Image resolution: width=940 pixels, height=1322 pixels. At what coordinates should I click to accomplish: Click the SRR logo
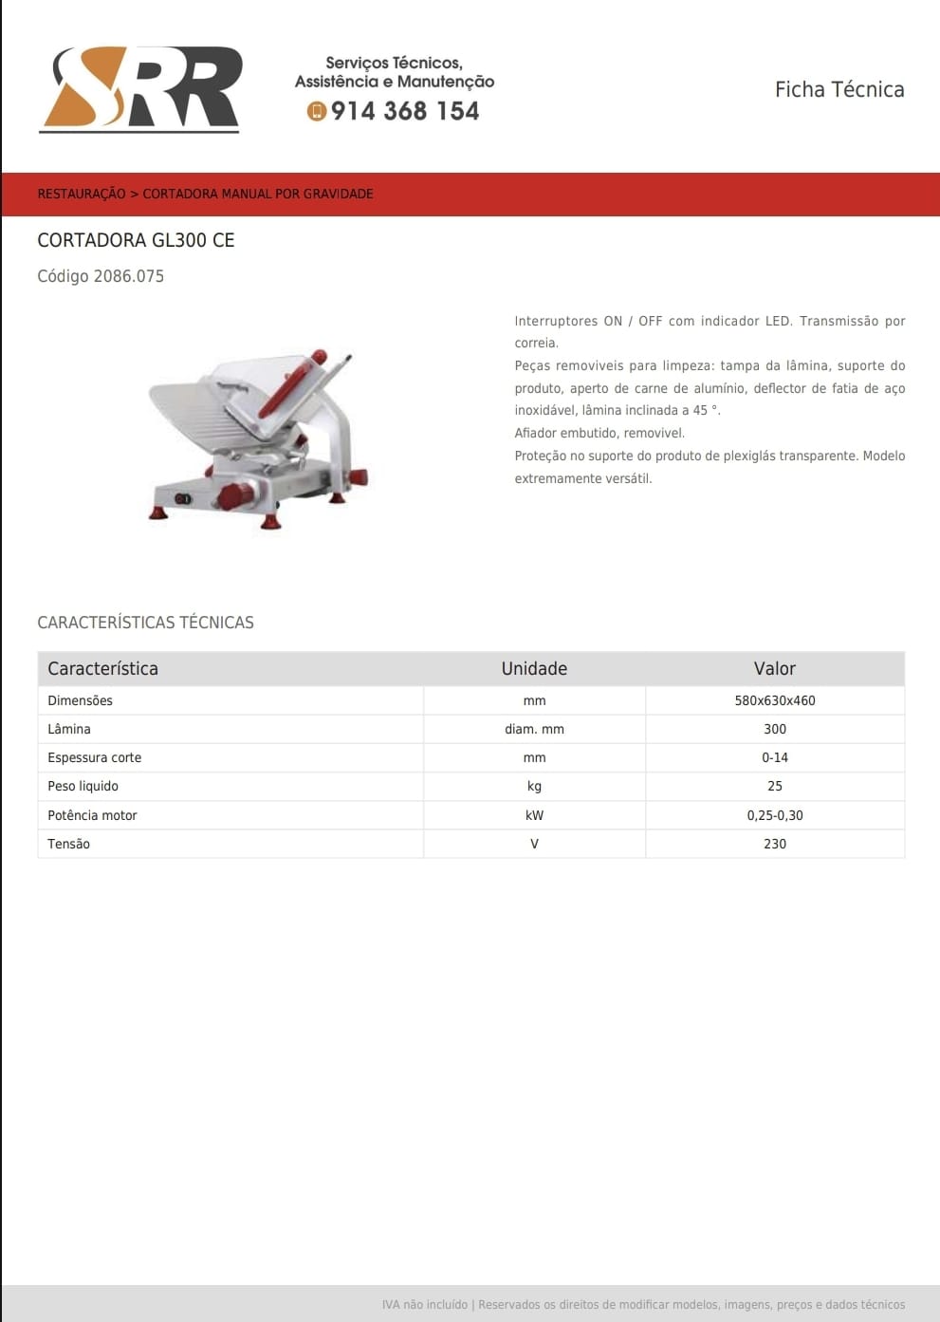pyautogui.click(x=140, y=88)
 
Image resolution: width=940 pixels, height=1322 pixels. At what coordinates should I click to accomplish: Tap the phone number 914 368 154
pyautogui.click(x=405, y=111)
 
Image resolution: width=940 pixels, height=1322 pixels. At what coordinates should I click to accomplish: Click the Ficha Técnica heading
pyautogui.click(x=839, y=89)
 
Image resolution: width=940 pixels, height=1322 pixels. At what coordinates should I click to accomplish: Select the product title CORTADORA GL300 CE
pyautogui.click(x=136, y=240)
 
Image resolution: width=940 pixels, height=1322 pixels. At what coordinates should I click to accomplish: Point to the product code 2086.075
pyautogui.click(x=101, y=276)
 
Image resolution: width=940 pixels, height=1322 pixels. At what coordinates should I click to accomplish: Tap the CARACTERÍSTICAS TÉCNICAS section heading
pyautogui.click(x=145, y=623)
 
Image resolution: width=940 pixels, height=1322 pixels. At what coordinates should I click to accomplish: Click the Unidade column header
pyautogui.click(x=534, y=668)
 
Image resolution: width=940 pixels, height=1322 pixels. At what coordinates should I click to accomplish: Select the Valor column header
pyautogui.click(x=774, y=668)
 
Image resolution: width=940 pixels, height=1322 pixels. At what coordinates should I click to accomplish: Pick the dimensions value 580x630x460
pyautogui.click(x=774, y=700)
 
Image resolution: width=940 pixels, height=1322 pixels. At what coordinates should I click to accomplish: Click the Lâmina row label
pyautogui.click(x=69, y=729)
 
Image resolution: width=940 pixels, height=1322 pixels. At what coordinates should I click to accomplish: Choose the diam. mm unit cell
pyautogui.click(x=534, y=729)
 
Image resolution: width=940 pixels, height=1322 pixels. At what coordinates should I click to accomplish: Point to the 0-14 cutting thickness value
pyautogui.click(x=774, y=757)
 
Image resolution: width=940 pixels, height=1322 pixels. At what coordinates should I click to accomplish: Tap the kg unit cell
pyautogui.click(x=534, y=786)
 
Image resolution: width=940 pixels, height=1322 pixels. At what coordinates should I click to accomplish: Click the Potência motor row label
pyautogui.click(x=92, y=815)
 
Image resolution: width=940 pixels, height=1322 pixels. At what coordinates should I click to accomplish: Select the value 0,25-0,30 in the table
pyautogui.click(x=774, y=815)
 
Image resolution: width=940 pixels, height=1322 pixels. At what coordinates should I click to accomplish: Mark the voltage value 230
pyautogui.click(x=774, y=844)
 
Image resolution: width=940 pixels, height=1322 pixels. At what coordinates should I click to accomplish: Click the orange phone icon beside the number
pyautogui.click(x=317, y=111)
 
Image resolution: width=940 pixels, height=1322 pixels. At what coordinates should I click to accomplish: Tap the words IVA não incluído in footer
pyautogui.click(x=424, y=1305)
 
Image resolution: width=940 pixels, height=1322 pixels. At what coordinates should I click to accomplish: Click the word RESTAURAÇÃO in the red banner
pyautogui.click(x=82, y=194)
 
